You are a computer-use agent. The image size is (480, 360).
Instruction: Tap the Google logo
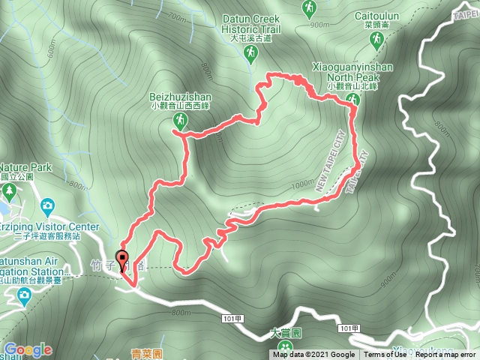tap(28, 349)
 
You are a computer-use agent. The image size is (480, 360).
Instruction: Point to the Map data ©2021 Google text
tap(313, 355)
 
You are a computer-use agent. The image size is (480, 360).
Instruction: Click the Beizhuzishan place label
tap(181, 97)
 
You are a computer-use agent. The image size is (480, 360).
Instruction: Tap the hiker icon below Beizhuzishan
tap(180, 120)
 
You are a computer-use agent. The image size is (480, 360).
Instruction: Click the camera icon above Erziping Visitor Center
tap(48, 205)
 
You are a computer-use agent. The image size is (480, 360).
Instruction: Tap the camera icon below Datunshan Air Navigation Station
tap(24, 295)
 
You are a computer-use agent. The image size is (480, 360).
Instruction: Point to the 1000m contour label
tap(304, 184)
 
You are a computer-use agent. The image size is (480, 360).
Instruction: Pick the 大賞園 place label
tap(285, 332)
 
